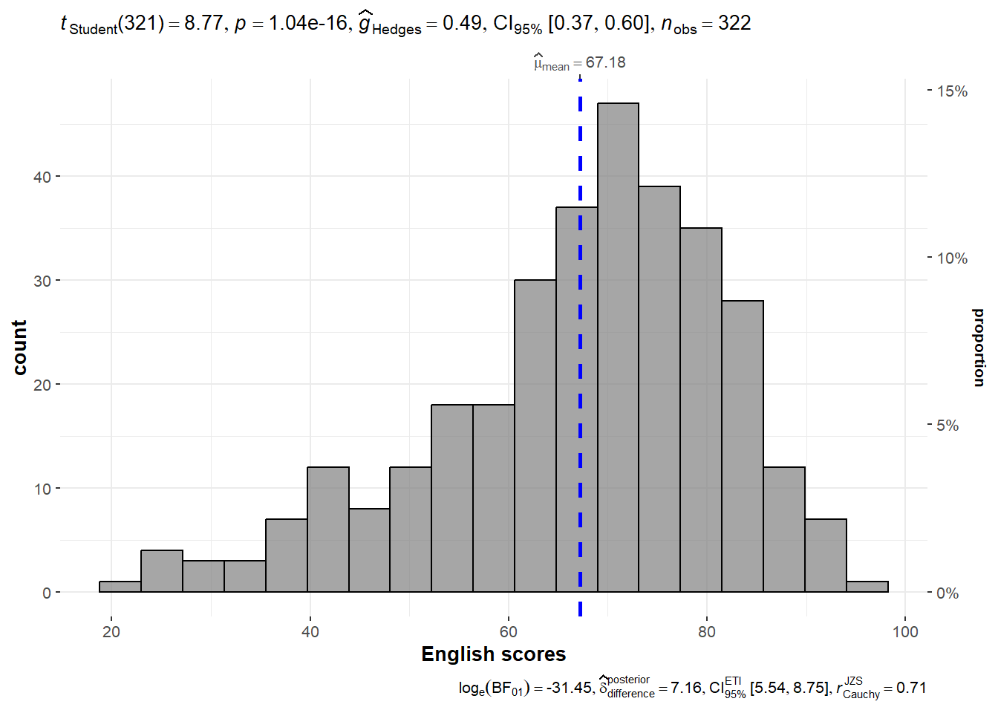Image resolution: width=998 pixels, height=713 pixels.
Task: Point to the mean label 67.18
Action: (605, 62)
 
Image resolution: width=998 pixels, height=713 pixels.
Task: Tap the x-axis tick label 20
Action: (111, 632)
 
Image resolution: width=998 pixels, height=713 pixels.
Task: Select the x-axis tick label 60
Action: (509, 632)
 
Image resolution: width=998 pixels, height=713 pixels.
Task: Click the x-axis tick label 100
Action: (905, 632)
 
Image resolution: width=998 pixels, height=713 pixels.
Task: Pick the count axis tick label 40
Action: (42, 177)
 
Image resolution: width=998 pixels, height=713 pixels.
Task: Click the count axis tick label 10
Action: (42, 489)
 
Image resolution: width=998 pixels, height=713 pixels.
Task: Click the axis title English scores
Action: (493, 654)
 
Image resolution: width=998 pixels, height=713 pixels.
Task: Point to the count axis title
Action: (19, 348)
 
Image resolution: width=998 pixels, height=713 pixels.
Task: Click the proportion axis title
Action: (979, 348)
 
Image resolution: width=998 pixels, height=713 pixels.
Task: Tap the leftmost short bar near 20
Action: (120, 587)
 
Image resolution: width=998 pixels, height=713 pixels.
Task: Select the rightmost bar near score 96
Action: (867, 587)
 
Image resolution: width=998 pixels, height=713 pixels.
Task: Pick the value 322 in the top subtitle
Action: (734, 23)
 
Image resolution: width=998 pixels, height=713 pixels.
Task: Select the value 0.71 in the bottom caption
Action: (911, 688)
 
